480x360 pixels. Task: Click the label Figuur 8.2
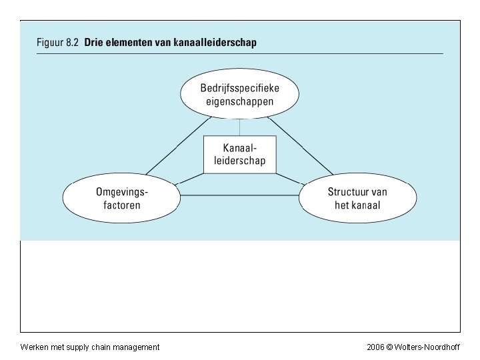(x=58, y=41)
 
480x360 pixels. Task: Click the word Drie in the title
(x=95, y=41)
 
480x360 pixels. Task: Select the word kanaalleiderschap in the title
(x=215, y=41)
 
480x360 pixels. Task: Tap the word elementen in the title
(x=133, y=41)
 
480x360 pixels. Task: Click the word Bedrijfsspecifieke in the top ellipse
(x=240, y=89)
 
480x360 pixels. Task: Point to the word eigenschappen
(x=240, y=103)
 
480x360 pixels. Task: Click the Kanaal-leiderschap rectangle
(x=239, y=155)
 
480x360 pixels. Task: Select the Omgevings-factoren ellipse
(x=122, y=198)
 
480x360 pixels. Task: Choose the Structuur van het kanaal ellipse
(x=358, y=198)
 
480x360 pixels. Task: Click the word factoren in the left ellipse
(x=122, y=205)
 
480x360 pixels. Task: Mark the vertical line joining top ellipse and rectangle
(x=239, y=127)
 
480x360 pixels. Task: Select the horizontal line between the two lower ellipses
(x=239, y=195)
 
